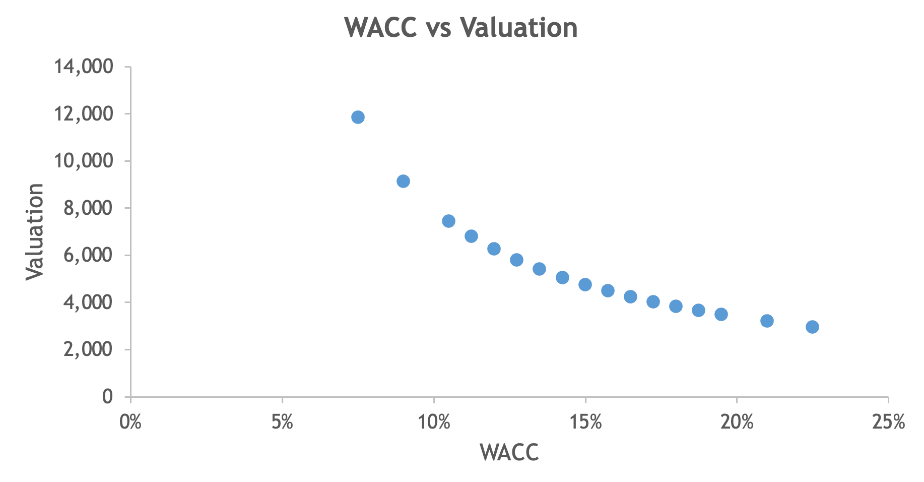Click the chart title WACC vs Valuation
[461, 27]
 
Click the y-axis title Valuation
[35, 231]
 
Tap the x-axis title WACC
[509, 452]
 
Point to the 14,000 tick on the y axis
[84, 67]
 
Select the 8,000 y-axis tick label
[88, 208]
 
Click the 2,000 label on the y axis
[88, 349]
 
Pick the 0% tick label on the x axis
[130, 422]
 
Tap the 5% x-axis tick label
[282, 422]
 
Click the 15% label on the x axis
[585, 422]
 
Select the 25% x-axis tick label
[889, 422]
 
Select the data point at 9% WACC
[403, 181]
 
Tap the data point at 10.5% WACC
[448, 221]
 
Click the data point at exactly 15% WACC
[585, 284]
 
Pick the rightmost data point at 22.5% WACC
[812, 327]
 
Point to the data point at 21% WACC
[767, 321]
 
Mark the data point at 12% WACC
[494, 249]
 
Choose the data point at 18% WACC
[676, 306]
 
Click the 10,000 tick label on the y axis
[84, 161]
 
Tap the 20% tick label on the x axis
[737, 422]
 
